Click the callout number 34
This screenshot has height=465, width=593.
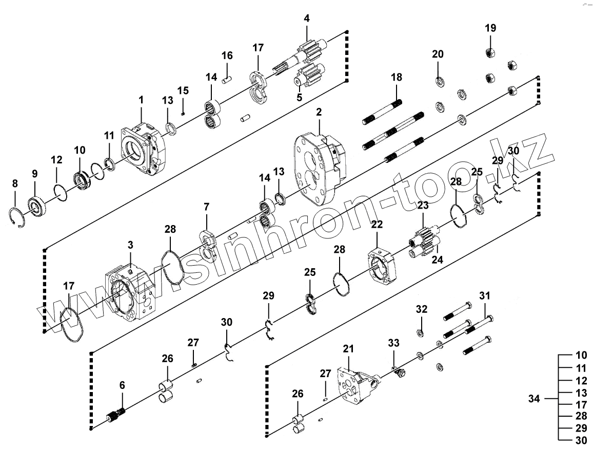point(534,399)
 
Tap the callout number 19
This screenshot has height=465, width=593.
point(490,28)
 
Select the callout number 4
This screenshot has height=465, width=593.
point(307,18)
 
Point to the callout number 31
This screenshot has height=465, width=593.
point(485,296)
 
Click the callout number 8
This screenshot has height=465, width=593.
point(15,183)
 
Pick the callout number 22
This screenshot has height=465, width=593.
point(377,224)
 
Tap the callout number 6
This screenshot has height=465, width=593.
point(122,384)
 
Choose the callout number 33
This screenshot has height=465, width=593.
point(393,342)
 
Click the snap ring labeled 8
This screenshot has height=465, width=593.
point(17,218)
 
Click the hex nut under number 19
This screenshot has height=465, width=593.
point(490,52)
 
